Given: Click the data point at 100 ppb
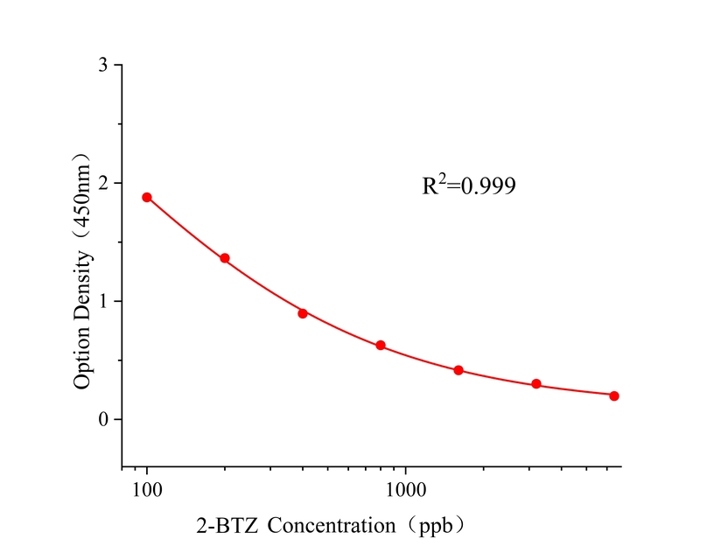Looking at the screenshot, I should point(147,197).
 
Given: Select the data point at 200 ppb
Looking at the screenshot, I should point(225,258).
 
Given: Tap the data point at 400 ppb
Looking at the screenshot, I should point(303,313).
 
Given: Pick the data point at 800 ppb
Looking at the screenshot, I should point(381,346).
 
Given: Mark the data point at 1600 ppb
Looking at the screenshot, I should point(458,370).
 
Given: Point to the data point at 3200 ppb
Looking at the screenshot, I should point(536,384).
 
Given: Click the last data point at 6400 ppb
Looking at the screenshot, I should point(614,395).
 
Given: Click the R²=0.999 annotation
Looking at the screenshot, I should point(469,185).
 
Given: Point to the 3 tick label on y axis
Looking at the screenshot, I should point(104,66).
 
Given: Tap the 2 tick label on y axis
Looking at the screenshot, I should point(104,184).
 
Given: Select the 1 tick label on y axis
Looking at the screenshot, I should point(104,301).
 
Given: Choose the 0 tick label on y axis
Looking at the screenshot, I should point(104,419).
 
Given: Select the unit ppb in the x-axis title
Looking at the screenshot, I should point(435,526).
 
